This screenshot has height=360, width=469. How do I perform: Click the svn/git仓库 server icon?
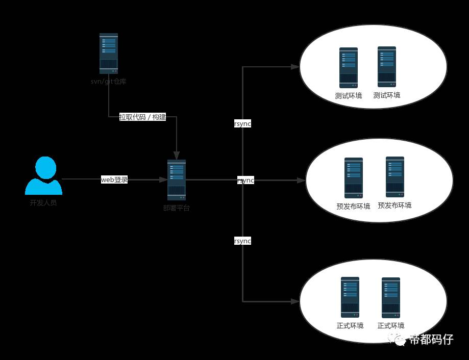[x=109, y=54]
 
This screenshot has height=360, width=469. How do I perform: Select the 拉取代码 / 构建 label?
[x=142, y=117]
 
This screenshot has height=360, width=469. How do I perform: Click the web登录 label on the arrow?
[x=114, y=179]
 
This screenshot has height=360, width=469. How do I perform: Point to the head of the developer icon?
[x=45, y=168]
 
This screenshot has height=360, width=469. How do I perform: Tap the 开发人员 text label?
[x=43, y=202]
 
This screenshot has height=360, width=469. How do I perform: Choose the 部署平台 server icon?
[x=177, y=179]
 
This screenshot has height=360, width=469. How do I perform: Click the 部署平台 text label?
[x=177, y=208]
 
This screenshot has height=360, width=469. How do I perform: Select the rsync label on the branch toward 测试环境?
[x=242, y=124]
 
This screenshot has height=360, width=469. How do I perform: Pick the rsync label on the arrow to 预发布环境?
[x=245, y=180]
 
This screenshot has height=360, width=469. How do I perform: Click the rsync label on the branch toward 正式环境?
[x=242, y=241]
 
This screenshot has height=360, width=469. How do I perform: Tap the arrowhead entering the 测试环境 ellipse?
[x=295, y=67]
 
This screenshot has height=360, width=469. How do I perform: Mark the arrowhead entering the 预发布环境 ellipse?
[x=301, y=180]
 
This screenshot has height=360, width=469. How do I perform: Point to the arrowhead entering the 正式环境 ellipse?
[x=295, y=301]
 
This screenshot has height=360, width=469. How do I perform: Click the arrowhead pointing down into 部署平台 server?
[x=177, y=156]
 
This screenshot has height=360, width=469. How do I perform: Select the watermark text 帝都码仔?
[x=431, y=340]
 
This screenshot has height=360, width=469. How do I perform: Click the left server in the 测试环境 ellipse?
[x=349, y=67]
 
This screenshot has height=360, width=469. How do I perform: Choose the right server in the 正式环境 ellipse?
[x=391, y=298]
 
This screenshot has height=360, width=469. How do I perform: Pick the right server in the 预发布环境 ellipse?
[x=395, y=176]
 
